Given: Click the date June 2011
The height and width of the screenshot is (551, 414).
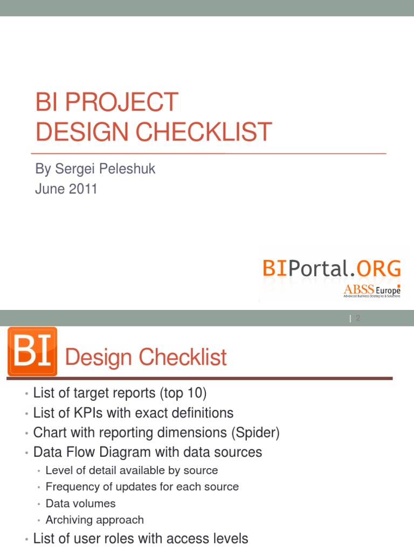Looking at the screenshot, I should [x=66, y=189].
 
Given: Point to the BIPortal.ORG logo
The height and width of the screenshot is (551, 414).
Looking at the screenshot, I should [x=332, y=267].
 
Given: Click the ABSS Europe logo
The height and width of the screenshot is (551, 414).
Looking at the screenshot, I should [x=372, y=291].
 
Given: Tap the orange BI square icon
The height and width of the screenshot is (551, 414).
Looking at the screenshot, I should [x=32, y=351].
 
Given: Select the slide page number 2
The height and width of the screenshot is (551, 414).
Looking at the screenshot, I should [x=357, y=319].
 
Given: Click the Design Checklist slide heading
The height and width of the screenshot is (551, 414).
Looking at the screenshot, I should [x=146, y=358].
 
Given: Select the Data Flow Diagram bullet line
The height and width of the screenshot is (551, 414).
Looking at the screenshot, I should [x=147, y=452].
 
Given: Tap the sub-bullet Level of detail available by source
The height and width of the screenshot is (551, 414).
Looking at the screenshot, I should [x=132, y=470].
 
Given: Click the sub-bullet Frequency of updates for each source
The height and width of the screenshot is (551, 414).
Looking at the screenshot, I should [x=142, y=487].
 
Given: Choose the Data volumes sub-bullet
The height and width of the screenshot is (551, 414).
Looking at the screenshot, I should [x=80, y=504].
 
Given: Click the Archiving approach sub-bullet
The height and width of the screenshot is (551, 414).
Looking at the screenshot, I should [x=94, y=520].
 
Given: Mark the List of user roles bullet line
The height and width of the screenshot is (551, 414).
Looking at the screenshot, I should [x=140, y=539].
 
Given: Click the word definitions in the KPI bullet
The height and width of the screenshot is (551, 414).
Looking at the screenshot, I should [x=199, y=413].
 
